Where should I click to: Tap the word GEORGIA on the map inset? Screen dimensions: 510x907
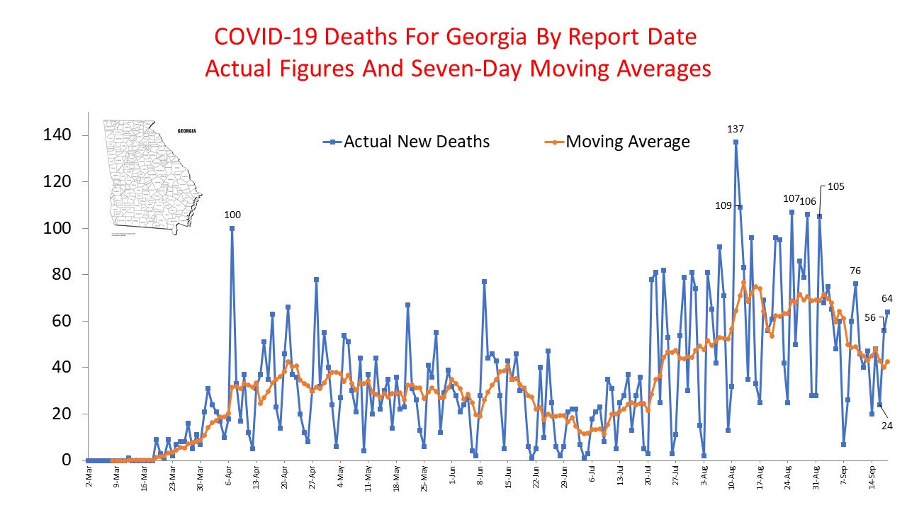click(187, 132)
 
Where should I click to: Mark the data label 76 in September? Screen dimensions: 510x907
click(855, 271)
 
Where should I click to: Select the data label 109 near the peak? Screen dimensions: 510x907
click(724, 206)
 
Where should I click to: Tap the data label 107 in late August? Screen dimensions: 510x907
click(790, 198)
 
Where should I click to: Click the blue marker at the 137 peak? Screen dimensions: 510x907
click(736, 142)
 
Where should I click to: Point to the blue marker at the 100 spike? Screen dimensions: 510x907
click(232, 228)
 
